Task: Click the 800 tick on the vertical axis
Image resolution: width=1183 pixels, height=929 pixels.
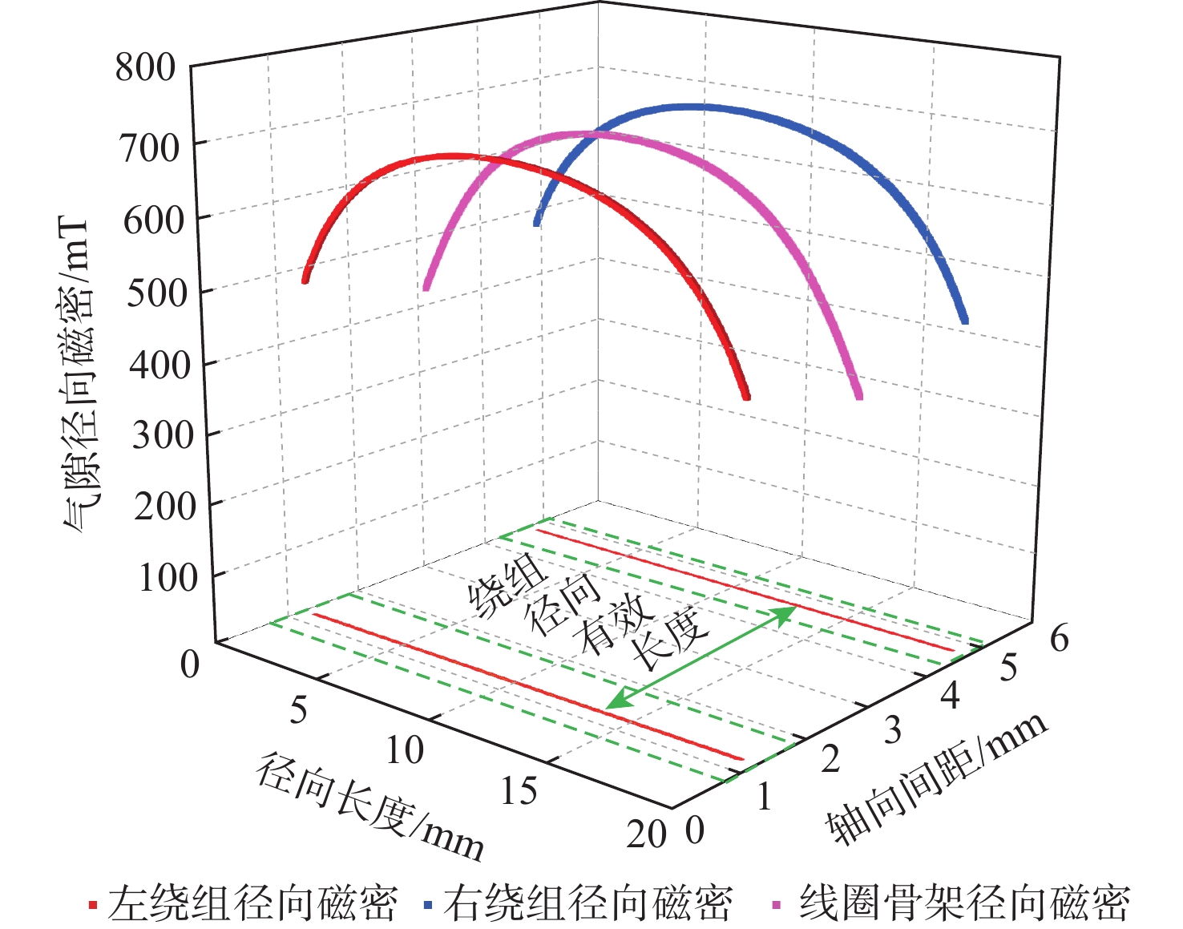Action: pos(145,67)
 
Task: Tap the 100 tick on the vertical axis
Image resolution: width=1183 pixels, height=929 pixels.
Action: pos(167,577)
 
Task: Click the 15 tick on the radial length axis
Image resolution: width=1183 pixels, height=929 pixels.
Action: pos(519,791)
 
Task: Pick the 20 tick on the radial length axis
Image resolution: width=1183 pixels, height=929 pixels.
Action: pos(646,834)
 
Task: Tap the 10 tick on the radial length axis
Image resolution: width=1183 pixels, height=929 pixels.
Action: pos(405,750)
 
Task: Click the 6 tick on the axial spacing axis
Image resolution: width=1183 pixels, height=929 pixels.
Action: pos(1059,639)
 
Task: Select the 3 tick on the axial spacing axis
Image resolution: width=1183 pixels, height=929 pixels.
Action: pos(892,730)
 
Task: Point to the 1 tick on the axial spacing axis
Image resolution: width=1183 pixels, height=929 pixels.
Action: pos(764,798)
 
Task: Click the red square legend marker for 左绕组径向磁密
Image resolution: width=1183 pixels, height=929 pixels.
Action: pos(93,905)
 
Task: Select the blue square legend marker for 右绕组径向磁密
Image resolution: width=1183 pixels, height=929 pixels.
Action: pos(428,905)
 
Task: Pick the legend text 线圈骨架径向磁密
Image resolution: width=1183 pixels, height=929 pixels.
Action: pos(964,903)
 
